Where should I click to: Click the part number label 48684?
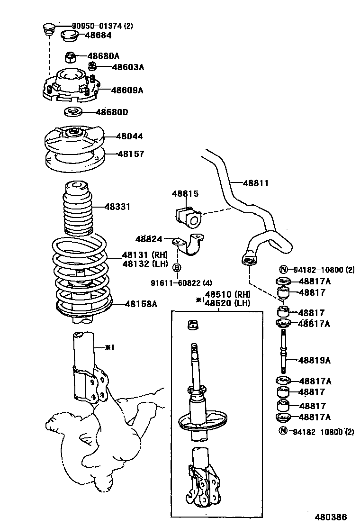(x=99, y=35)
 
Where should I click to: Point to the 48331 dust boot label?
(x=117, y=207)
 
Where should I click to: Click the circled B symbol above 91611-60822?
(x=177, y=268)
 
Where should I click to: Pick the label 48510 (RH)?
(x=227, y=294)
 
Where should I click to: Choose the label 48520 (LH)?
(x=227, y=303)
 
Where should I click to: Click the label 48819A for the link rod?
(x=315, y=360)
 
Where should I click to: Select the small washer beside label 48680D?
(x=72, y=113)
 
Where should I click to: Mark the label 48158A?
(x=141, y=304)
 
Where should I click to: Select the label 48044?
(x=130, y=136)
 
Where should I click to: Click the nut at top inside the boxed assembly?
(x=193, y=326)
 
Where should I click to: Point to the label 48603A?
(x=127, y=67)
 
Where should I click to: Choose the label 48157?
(x=131, y=154)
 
